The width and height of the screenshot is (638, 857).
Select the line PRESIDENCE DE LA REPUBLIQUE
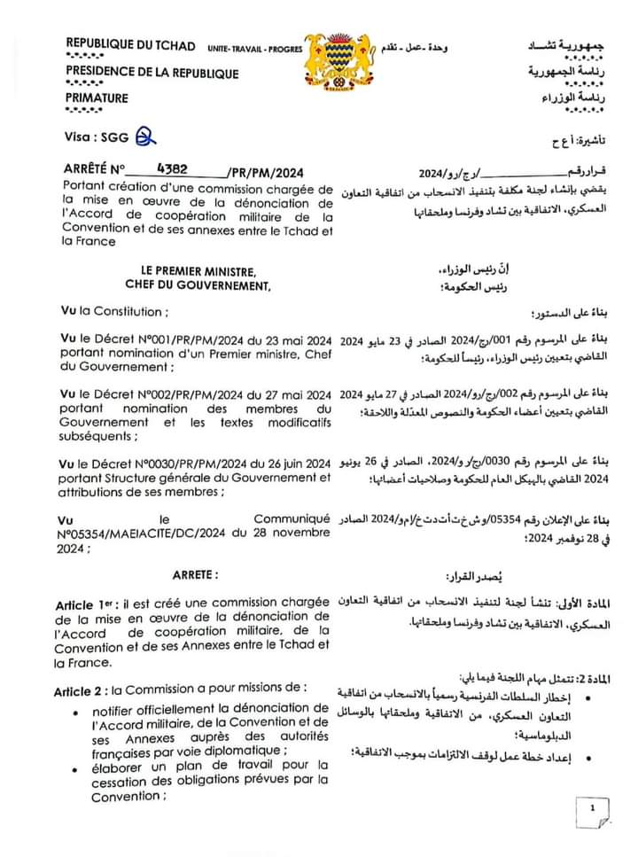pos(152,73)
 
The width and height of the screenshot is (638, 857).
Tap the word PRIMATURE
pos(97,98)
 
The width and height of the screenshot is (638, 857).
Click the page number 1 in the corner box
pos(592,807)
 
